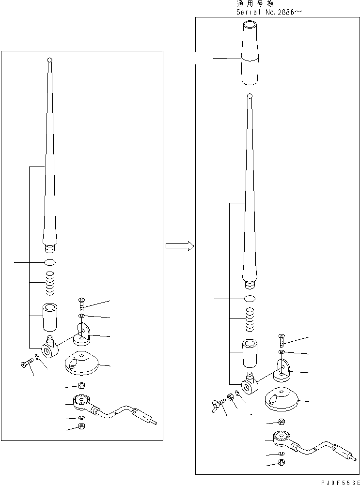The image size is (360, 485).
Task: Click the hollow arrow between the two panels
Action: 180,246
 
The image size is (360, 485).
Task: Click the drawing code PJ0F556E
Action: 340,482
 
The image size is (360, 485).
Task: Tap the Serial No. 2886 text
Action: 269,13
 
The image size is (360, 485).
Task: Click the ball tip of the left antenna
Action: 49,60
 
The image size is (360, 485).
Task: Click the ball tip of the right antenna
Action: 250,96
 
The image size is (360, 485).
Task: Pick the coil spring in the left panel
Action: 49,283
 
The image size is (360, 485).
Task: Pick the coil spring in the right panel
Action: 250,319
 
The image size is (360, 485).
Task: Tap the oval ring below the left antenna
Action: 50,263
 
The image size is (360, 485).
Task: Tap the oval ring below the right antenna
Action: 250,299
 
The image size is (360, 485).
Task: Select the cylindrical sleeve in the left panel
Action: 50,317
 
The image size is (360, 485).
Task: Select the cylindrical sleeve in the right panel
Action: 250,353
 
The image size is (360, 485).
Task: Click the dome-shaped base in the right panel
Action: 281,399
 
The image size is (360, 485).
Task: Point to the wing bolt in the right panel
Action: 218,405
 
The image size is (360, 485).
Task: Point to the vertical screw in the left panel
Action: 81,304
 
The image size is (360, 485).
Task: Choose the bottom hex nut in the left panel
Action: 82,426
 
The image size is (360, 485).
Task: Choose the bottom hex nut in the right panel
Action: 282,463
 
